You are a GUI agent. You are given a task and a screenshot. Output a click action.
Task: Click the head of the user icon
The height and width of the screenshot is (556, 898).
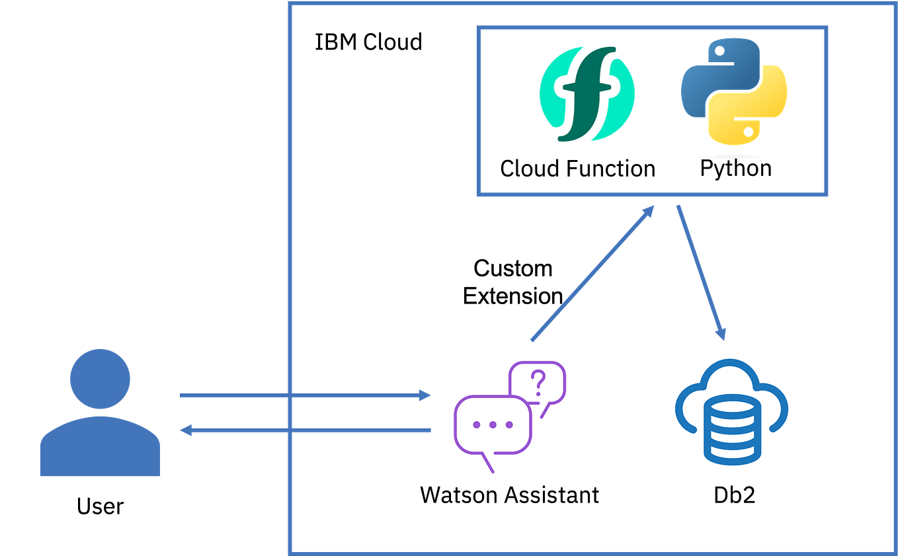100,379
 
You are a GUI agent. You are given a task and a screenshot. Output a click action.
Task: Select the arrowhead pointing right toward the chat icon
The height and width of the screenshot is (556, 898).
424,395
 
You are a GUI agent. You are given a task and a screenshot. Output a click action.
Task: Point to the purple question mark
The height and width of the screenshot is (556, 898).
538,381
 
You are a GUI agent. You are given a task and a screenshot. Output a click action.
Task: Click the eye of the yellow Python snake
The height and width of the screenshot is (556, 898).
748,132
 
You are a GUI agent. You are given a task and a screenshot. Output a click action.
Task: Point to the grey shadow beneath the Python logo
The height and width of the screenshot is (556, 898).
734,157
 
